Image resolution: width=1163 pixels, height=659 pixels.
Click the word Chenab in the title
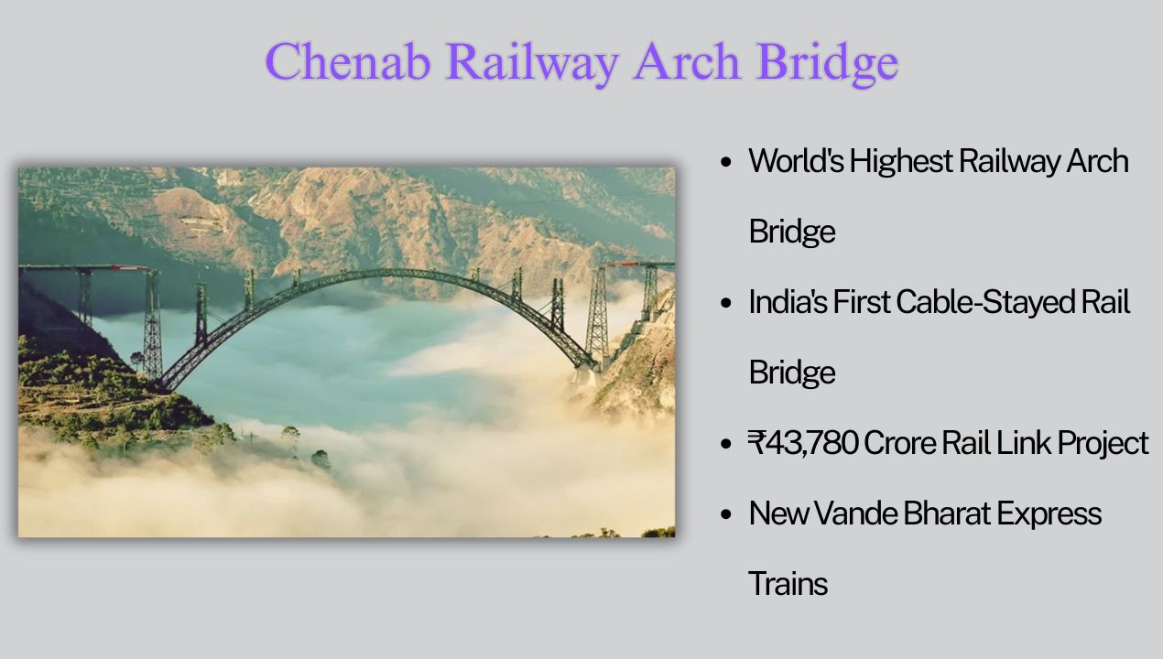pyautogui.click(x=347, y=61)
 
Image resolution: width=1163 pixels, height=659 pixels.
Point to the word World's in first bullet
pyautogui.click(x=794, y=161)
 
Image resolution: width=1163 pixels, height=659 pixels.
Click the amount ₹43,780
pyautogui.click(x=802, y=443)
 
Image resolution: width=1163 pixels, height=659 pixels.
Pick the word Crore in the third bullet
pyautogui.click(x=897, y=443)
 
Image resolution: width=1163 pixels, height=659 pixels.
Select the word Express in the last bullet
pyautogui.click(x=1049, y=513)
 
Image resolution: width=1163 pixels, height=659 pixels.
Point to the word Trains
pyautogui.click(x=788, y=584)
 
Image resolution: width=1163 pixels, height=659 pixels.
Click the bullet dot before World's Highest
pyautogui.click(x=726, y=163)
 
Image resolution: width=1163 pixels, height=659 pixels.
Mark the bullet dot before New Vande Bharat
pyautogui.click(x=726, y=515)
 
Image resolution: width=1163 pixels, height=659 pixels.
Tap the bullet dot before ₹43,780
pyautogui.click(x=726, y=445)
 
